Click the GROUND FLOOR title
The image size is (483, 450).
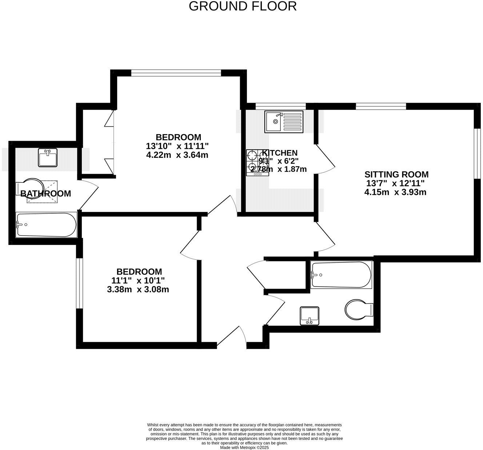click(x=243, y=6)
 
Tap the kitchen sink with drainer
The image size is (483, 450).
click(x=284, y=121)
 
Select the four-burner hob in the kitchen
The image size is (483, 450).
click(x=257, y=163)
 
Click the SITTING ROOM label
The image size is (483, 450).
click(x=396, y=174)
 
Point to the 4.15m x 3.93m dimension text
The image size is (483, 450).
click(x=395, y=192)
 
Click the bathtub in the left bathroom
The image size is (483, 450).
click(x=46, y=225)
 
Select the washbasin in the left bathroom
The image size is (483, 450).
click(x=48, y=157)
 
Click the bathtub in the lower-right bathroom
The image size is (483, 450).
click(x=341, y=275)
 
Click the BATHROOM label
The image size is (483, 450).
click(x=45, y=194)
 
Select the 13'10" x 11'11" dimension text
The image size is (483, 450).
click(x=177, y=146)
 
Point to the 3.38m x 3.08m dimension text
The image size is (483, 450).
click(x=138, y=290)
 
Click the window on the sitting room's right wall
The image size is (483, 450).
click(x=476, y=153)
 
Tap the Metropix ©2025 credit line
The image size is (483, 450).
click(x=244, y=448)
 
